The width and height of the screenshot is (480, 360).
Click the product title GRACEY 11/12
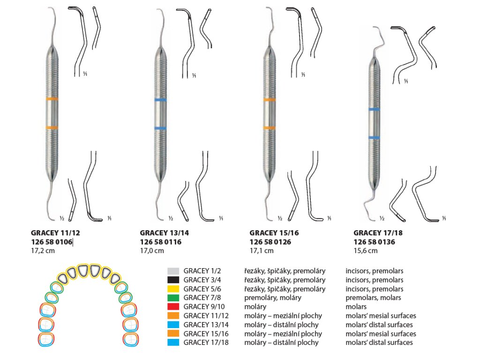tap(52, 232)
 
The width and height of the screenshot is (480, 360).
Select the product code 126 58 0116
tap(161, 242)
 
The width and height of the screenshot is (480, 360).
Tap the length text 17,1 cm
tap(262, 251)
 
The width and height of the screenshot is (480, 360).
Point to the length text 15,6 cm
tap(365, 251)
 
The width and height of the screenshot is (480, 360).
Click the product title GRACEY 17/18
tap(375, 232)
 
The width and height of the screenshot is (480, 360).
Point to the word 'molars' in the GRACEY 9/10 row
tap(356, 307)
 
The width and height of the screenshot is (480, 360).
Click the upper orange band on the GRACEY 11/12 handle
tap(52, 99)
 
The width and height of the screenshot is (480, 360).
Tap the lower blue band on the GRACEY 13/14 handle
tap(161, 128)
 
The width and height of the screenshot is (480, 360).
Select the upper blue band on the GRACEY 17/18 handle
tap(374, 109)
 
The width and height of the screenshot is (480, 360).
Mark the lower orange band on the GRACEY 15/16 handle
tap(270, 127)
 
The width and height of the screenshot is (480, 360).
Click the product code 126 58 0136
tap(375, 242)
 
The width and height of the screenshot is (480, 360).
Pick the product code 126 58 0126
tap(270, 242)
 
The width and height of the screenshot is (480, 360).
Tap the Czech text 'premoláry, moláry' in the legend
tap(273, 298)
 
